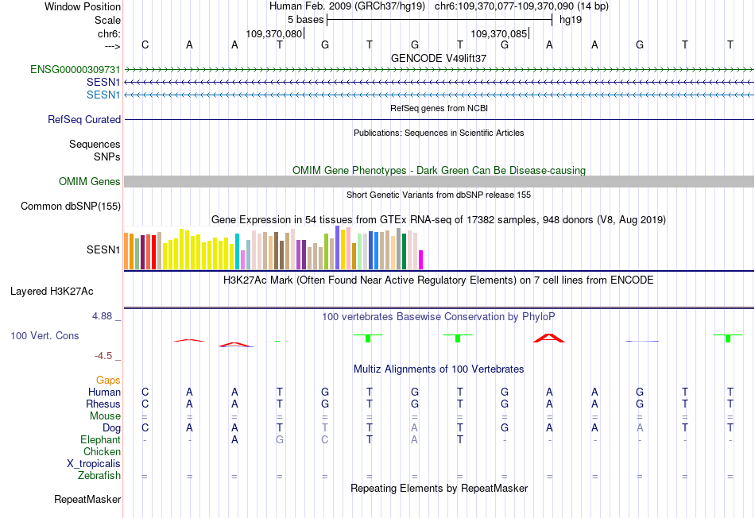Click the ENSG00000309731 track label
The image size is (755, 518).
(75, 70)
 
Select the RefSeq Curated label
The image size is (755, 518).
(84, 120)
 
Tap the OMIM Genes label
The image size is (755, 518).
(90, 182)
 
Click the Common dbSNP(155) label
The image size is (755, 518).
(71, 207)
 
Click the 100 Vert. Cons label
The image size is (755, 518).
(45, 336)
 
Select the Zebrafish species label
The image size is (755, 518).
(99, 476)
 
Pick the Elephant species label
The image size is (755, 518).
(100, 440)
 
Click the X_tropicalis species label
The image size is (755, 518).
(94, 464)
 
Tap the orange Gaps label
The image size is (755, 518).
(108, 381)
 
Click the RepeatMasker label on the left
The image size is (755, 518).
(87, 500)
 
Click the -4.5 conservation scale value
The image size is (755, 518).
(103, 356)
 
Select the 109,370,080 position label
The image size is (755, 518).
(274, 34)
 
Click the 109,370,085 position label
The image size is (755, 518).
(499, 34)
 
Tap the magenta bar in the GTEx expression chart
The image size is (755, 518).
(421, 260)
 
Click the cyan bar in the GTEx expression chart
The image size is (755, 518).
(237, 252)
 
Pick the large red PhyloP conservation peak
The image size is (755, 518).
(548, 338)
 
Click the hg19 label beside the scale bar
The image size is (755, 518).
(571, 20)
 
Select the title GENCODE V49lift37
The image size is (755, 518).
(439, 59)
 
